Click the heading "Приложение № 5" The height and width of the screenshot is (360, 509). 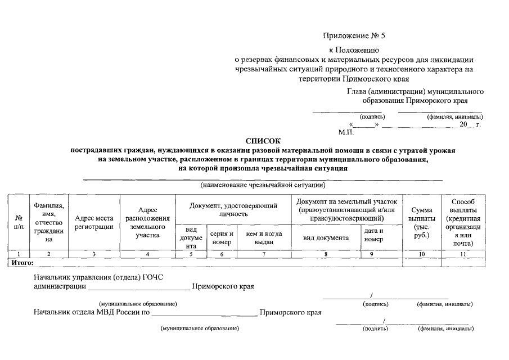pyautogui.click(x=354, y=36)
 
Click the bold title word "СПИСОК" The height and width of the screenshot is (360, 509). pyautogui.click(x=262, y=141)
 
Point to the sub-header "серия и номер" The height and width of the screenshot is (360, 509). pyautogui.click(x=222, y=237)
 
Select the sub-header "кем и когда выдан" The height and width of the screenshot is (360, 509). pyautogui.click(x=263, y=237)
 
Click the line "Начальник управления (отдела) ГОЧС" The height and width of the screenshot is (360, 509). pyautogui.click(x=98, y=277)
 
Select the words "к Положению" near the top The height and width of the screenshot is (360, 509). pyautogui.click(x=354, y=51)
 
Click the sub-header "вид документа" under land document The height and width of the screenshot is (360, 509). pyautogui.click(x=326, y=237)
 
